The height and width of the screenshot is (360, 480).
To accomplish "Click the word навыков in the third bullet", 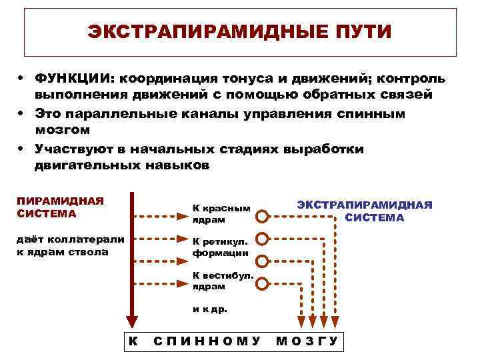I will pyautogui.click(x=176, y=165).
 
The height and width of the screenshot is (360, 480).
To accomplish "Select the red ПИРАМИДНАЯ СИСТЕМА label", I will pyautogui.click(x=60, y=207).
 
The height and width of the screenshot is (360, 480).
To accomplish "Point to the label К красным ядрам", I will pyautogui.click(x=221, y=214).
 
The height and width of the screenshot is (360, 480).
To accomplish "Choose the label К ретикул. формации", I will pyautogui.click(x=220, y=247).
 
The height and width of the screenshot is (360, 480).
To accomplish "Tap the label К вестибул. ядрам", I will pyautogui.click(x=221, y=281).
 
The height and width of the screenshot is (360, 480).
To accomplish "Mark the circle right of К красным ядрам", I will pyautogui.click(x=263, y=216).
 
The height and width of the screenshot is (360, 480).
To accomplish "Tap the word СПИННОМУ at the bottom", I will pyautogui.click(x=207, y=341).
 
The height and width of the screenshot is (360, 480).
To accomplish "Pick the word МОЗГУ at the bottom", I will pyautogui.click(x=307, y=341).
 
